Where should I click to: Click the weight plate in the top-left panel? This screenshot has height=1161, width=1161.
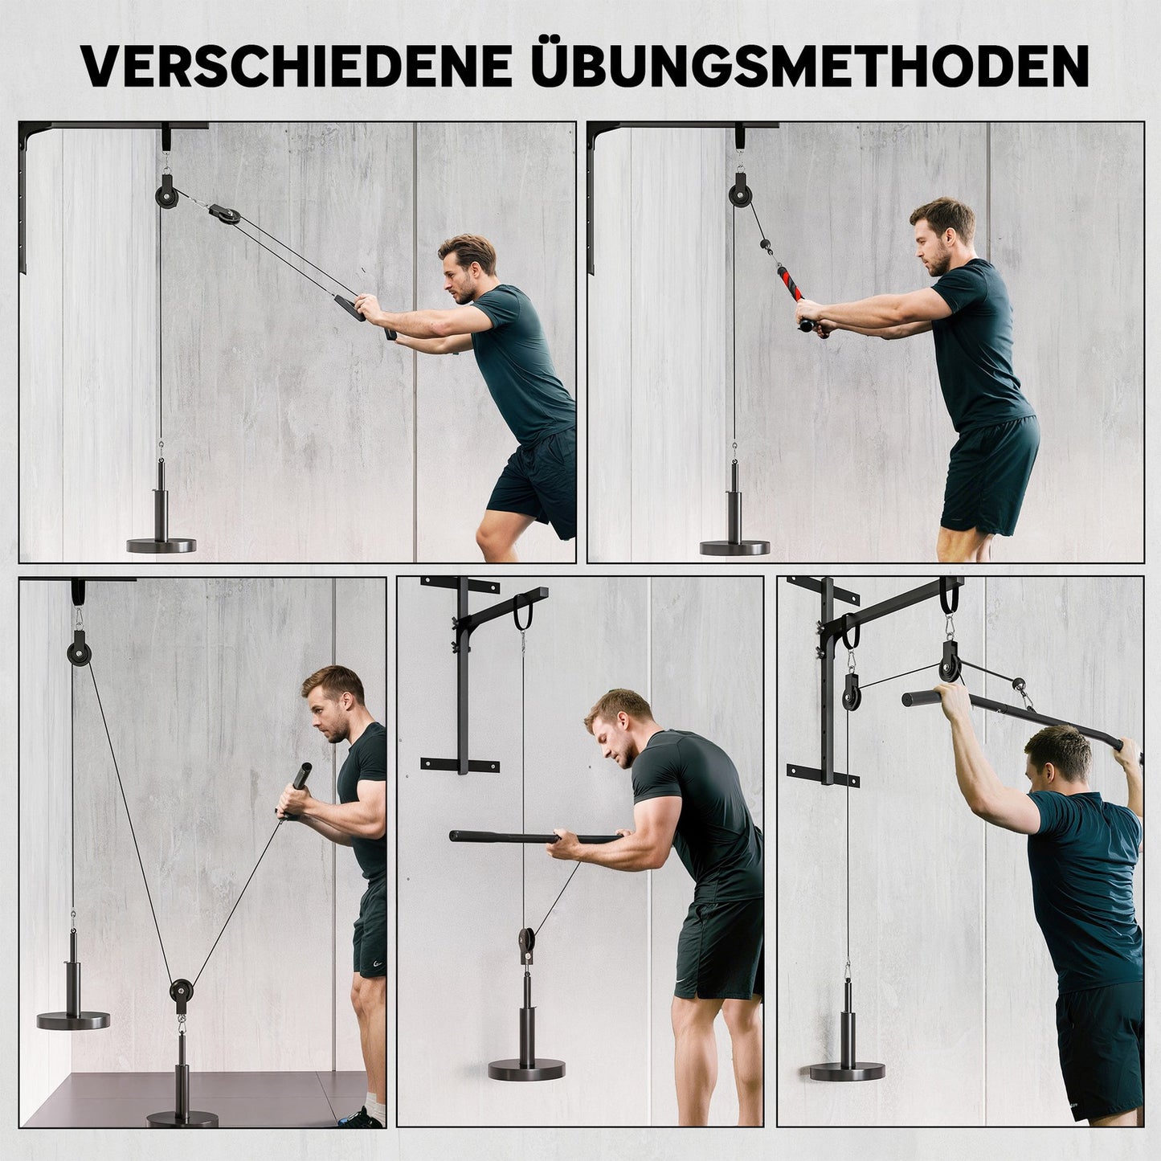point(161,546)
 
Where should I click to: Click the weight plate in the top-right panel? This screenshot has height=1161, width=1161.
point(734,547)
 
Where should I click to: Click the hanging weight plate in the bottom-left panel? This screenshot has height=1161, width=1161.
point(73,1020)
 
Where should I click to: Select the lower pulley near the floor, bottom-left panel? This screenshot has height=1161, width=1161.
point(182,991)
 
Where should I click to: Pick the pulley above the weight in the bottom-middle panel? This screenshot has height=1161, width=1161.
point(525,941)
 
